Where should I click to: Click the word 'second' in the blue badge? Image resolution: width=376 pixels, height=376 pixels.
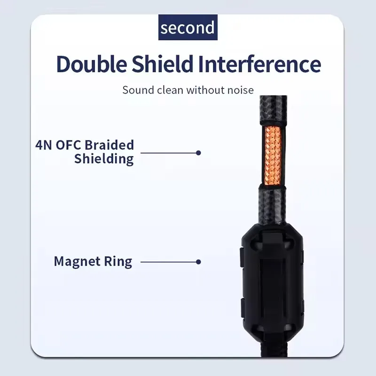point(188,28)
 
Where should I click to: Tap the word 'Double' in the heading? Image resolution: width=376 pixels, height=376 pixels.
point(92,64)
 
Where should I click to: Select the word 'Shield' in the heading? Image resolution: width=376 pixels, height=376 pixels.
point(163,64)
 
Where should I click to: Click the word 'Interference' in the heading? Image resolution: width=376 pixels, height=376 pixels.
point(260,64)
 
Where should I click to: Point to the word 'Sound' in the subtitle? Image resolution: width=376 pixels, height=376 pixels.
point(138,90)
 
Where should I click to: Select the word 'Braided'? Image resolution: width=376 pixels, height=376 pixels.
point(110,145)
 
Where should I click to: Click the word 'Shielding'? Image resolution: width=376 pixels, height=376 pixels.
point(104,159)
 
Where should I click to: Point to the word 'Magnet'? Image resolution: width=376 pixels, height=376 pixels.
point(77,261)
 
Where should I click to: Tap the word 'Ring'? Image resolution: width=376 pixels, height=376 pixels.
point(118,262)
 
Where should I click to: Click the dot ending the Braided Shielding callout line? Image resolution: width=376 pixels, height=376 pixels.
point(198,153)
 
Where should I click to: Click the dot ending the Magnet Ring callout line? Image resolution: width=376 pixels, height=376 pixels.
point(198,262)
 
